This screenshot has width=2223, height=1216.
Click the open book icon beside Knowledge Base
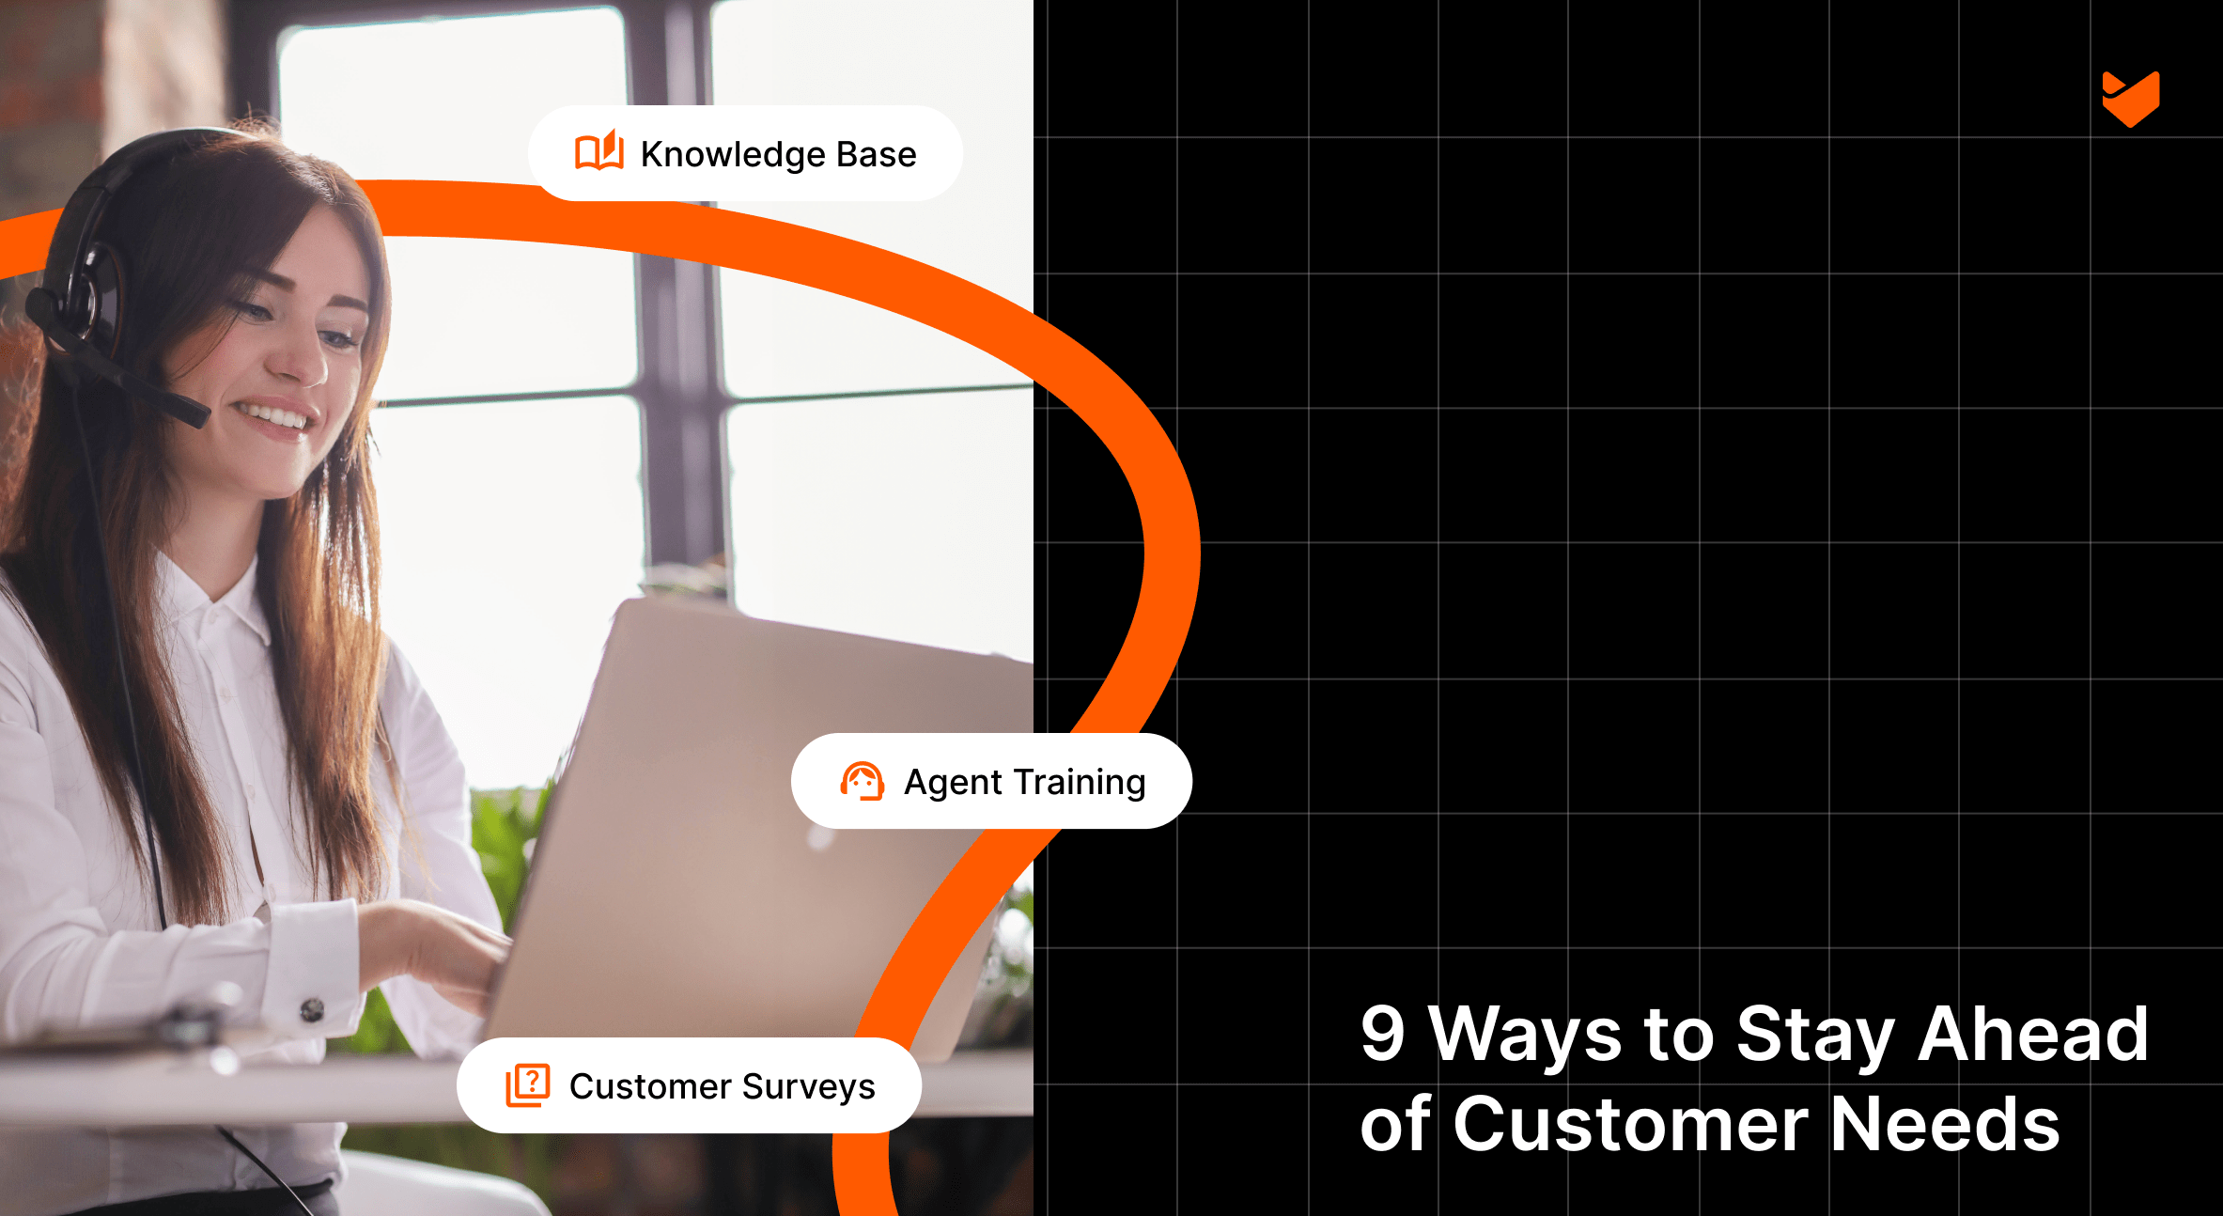[598, 151]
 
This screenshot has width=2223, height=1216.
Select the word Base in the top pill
[876, 154]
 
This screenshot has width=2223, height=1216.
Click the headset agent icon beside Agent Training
[862, 781]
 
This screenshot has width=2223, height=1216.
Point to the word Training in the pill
[1080, 782]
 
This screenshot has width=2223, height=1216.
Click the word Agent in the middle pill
[953, 783]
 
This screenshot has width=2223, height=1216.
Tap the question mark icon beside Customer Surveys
[528, 1085]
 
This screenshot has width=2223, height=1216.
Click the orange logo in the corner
[2130, 99]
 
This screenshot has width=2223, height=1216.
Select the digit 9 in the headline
[1382, 1034]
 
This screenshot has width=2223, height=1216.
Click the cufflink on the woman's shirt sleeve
[312, 1010]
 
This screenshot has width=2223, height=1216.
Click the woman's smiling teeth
[275, 416]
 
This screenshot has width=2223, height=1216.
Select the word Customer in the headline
[1630, 1124]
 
